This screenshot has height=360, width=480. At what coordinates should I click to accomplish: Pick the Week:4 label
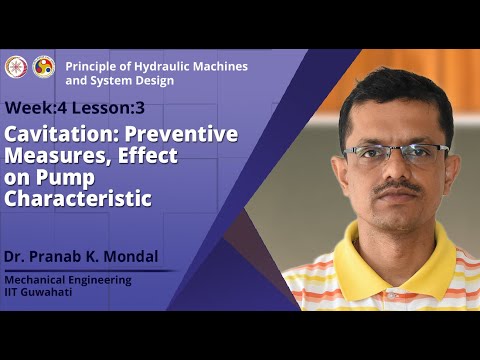coord(38,108)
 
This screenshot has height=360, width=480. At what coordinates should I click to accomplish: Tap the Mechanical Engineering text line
coord(67,280)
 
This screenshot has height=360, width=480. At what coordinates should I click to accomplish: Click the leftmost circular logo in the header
coord(15,66)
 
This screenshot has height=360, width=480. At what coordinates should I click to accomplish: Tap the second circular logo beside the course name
coord(44,66)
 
